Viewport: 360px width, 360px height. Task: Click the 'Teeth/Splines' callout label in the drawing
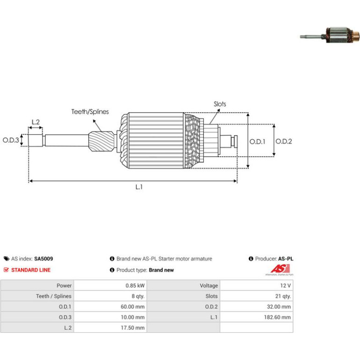(90, 112)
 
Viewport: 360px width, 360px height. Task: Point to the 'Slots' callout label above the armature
(220, 104)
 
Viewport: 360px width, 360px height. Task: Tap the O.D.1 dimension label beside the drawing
(257, 141)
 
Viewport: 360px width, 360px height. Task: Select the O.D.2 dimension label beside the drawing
(283, 141)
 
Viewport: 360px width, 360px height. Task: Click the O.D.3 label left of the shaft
(11, 140)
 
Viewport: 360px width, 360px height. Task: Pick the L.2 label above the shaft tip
(36, 122)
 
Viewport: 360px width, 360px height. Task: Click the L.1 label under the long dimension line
(139, 187)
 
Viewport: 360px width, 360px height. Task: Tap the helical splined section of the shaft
(101, 141)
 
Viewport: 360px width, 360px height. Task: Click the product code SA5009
(43, 259)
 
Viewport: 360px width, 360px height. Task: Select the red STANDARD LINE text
(31, 270)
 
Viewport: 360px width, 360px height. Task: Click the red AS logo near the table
(280, 270)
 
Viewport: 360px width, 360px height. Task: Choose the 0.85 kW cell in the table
(110, 285)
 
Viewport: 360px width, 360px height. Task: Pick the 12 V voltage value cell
(257, 285)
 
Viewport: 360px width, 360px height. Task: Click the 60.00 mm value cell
(110, 307)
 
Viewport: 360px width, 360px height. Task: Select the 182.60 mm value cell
(257, 317)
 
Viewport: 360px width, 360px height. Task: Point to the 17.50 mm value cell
(110, 328)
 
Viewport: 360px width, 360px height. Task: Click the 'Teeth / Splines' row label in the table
(37, 296)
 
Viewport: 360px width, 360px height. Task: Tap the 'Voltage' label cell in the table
(183, 285)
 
